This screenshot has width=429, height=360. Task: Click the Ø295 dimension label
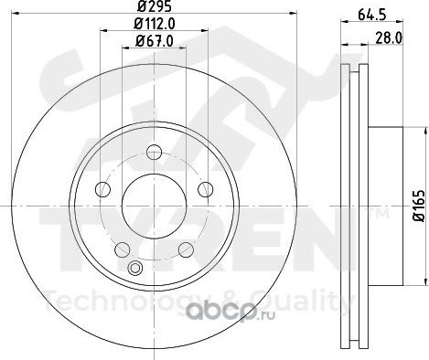point(155,6)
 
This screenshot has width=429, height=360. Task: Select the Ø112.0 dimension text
point(155,24)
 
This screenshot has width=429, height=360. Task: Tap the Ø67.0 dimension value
point(155,41)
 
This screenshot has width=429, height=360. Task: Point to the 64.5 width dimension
point(371,15)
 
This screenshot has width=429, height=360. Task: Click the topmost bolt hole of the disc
point(154,152)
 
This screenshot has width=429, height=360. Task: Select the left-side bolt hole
point(103,189)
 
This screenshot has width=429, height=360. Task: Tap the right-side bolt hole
point(205,189)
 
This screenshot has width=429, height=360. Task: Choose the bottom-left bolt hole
point(123,249)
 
